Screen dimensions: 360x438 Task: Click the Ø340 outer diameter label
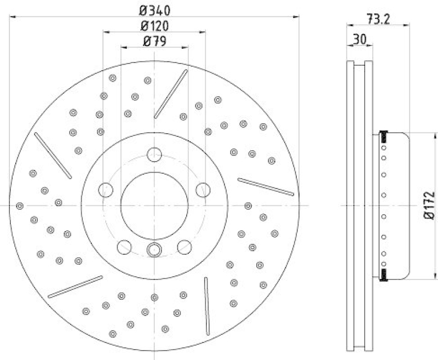(x=155, y=9)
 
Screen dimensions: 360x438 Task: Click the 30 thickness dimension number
(x=359, y=39)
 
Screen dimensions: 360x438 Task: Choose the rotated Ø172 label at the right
(x=429, y=205)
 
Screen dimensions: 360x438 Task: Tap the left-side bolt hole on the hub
(x=105, y=190)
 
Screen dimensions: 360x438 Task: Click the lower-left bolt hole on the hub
(x=124, y=247)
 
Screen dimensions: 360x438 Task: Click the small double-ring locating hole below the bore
(x=154, y=250)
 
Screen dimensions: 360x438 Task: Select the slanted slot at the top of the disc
(x=171, y=94)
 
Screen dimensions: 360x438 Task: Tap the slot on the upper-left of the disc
(x=53, y=156)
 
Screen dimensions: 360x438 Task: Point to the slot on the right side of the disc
(x=266, y=186)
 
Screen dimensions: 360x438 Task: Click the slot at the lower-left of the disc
(x=75, y=287)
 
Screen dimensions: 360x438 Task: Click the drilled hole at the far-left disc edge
(x=20, y=205)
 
